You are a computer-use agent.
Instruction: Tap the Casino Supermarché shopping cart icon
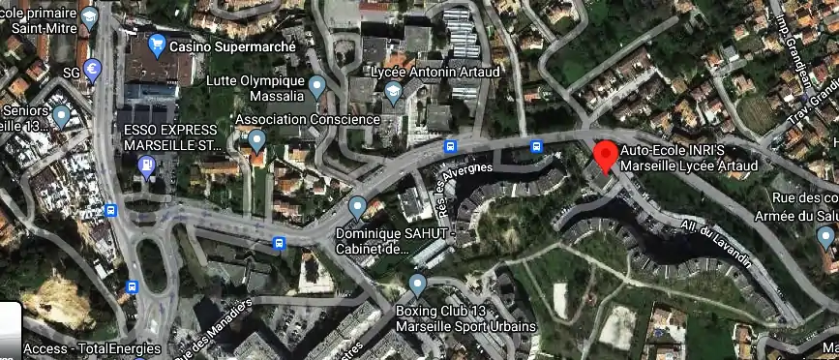157,45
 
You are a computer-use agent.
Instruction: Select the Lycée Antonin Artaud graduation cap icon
392,93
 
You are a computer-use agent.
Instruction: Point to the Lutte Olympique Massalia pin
316,89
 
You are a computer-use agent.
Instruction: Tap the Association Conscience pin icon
256,140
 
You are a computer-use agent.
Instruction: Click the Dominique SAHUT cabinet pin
357,206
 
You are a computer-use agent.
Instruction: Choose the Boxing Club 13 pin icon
417,285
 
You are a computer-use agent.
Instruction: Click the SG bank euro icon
92,69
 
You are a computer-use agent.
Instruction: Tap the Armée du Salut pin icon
825,236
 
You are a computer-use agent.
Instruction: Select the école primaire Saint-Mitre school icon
90,16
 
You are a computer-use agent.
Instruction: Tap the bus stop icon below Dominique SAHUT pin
280,242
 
